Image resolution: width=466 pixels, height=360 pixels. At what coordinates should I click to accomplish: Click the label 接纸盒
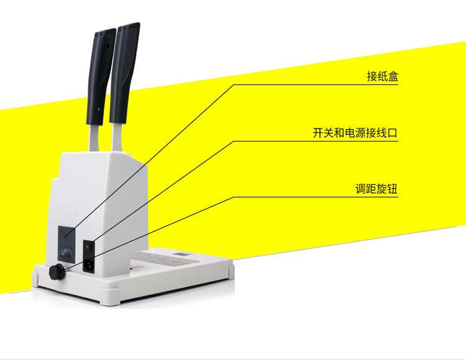coord(382,76)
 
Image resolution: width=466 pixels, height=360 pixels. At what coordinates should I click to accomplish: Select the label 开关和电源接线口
coord(354,133)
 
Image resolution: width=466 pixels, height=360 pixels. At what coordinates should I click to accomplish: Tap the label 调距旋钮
coord(376,189)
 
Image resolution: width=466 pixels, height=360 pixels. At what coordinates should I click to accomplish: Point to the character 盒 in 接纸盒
coord(393,76)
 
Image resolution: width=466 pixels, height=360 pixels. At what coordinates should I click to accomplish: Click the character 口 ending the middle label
coord(391,133)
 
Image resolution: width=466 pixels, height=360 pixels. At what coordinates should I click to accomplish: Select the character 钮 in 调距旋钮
coord(392,189)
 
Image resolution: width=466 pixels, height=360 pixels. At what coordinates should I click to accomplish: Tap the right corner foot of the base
coord(232,271)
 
